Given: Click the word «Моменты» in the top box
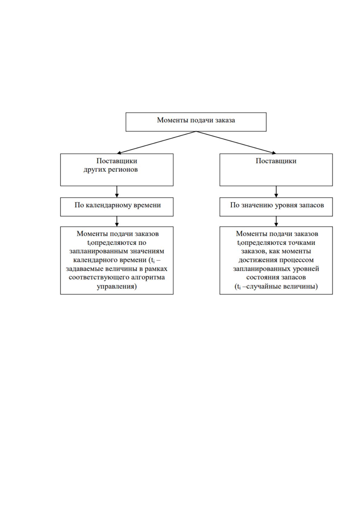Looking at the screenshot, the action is click(x=172, y=120).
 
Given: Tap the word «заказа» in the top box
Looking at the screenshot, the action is click(x=225, y=120).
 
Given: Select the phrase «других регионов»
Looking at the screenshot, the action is click(x=111, y=170).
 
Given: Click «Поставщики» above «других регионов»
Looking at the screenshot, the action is click(x=117, y=161).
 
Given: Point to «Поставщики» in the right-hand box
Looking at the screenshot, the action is click(x=276, y=161).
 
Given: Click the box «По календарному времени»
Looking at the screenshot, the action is click(x=117, y=207).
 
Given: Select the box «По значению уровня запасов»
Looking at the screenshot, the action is click(x=276, y=207).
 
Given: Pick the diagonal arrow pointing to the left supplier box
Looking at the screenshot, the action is click(x=156, y=142).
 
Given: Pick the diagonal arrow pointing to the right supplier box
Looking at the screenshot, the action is click(x=236, y=142).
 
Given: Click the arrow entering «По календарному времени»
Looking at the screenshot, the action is click(x=117, y=192).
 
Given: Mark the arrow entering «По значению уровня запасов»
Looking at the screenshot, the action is click(x=276, y=192).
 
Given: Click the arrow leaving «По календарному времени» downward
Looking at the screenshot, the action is click(x=117, y=221).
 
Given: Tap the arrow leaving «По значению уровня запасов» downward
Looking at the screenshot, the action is click(x=276, y=221).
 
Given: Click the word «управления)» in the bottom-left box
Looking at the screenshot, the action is click(x=117, y=287).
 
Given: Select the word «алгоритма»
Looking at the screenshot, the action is click(x=148, y=278).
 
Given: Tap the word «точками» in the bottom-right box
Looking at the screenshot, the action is click(x=302, y=243).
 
